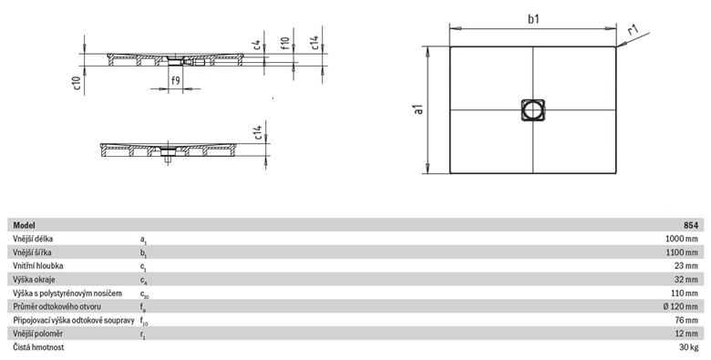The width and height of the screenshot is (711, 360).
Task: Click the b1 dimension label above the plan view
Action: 533,19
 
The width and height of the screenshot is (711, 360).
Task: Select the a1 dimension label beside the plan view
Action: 418,109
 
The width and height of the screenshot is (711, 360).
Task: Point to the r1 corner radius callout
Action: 633,30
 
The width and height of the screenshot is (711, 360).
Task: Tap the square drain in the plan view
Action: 533,109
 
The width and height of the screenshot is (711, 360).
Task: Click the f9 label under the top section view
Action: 175,81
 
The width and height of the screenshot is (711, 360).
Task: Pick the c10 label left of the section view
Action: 77,83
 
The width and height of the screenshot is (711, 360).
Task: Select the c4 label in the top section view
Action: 257,45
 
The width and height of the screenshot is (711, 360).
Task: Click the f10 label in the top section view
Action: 284,43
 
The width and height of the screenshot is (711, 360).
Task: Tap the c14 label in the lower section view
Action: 258,132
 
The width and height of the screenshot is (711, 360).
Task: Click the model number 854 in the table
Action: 692,225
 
